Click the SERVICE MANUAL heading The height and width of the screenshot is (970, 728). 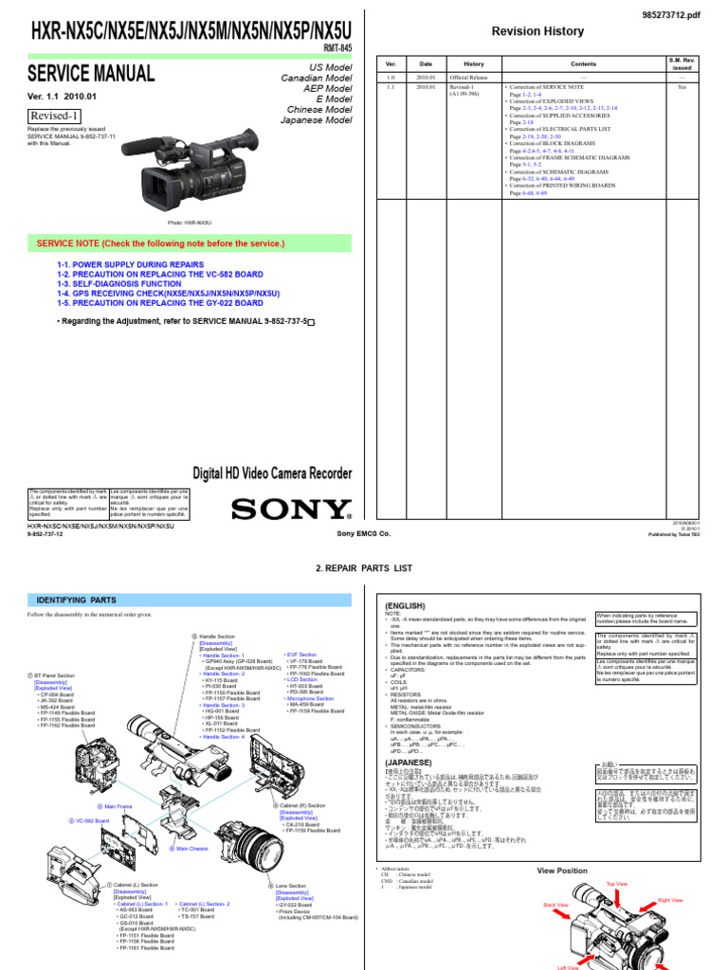(x=90, y=73)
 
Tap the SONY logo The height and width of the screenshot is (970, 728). (x=291, y=510)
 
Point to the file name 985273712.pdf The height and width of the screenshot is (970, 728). (x=677, y=9)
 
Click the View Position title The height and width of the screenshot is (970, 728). (x=563, y=870)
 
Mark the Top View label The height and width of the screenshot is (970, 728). (x=617, y=883)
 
